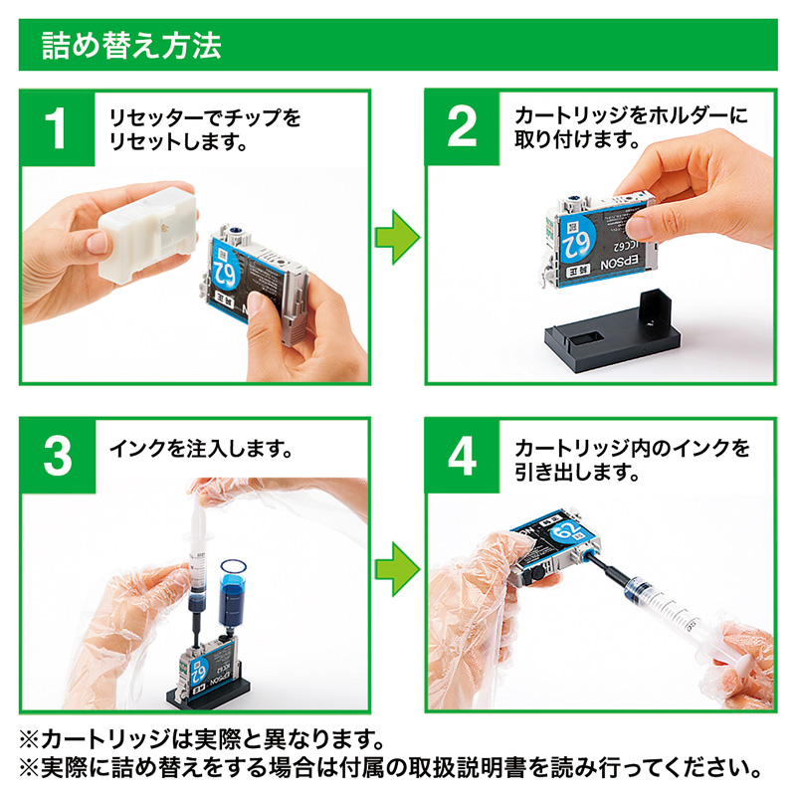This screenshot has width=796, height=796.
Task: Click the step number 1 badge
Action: click(58, 127)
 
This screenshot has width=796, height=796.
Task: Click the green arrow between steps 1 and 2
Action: click(397, 237)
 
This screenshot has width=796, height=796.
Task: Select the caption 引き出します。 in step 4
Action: click(576, 473)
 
